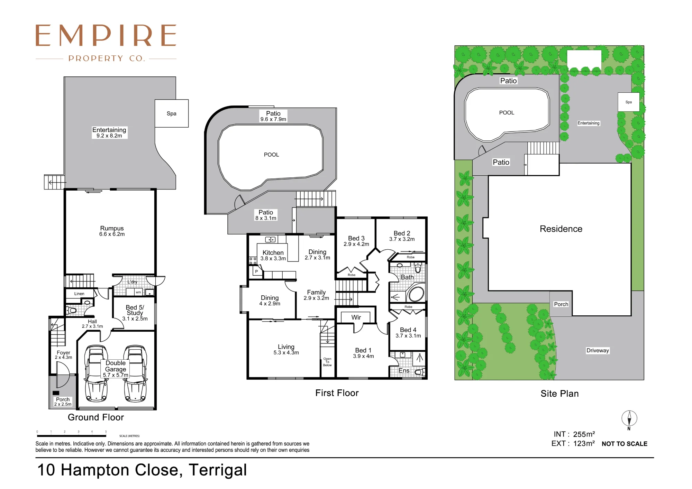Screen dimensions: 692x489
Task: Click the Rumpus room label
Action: (x=112, y=231)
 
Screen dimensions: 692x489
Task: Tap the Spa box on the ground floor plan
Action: (x=172, y=113)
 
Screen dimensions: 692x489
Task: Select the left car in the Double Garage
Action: (x=96, y=373)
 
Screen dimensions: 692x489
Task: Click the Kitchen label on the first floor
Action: (x=273, y=255)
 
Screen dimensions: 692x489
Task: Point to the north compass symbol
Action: (x=629, y=419)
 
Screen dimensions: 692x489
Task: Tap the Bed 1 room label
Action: (x=363, y=353)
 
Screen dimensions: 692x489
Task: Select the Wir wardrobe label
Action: (x=356, y=317)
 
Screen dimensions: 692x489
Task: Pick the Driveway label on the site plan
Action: (x=598, y=350)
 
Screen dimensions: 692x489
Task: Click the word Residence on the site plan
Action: (x=561, y=229)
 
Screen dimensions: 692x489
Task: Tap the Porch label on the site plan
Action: (x=561, y=304)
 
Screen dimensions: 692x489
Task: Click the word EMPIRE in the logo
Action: (x=106, y=35)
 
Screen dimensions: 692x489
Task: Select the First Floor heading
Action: (x=337, y=393)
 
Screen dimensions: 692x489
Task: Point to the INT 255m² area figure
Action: (x=574, y=434)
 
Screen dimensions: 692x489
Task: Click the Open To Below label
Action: (x=327, y=362)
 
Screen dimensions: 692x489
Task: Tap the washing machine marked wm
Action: (x=138, y=292)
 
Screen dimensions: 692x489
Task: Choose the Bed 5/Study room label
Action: (x=135, y=313)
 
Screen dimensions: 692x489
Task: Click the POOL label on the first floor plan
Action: (x=271, y=155)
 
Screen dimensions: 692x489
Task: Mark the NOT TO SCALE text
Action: (x=625, y=444)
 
